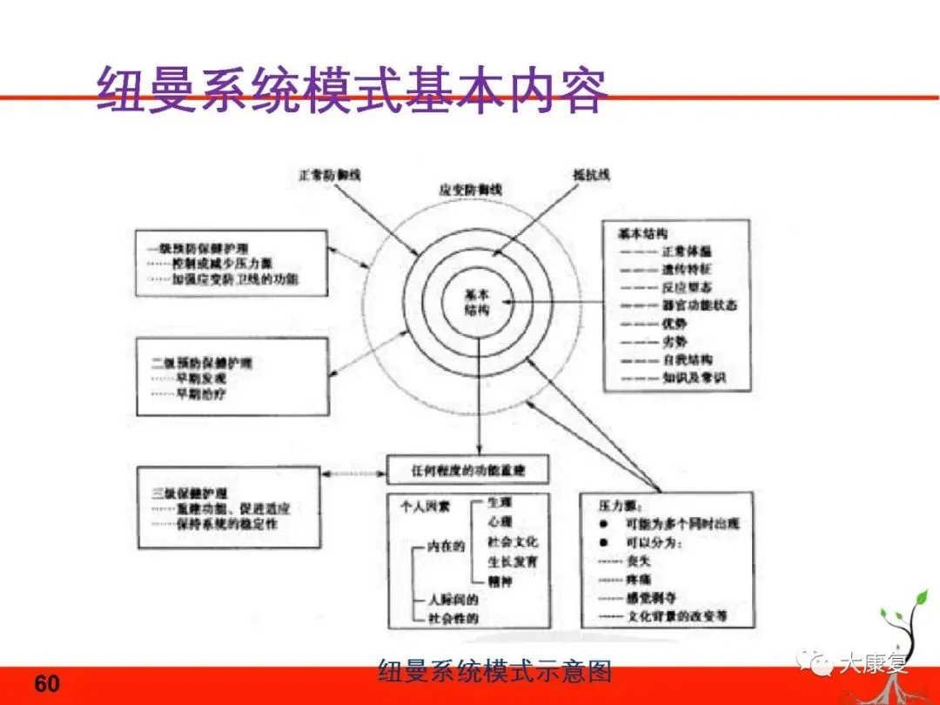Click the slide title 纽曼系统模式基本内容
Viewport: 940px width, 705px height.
click(348, 90)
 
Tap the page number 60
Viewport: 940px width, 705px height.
click(47, 684)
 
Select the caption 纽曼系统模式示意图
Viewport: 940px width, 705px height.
click(495, 671)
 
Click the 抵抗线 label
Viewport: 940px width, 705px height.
click(592, 175)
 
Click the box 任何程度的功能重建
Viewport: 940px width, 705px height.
click(467, 471)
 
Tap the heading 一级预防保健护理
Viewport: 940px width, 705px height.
click(194, 246)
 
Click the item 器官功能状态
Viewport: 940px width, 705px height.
click(703, 305)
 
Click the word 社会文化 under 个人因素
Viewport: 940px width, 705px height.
click(513, 541)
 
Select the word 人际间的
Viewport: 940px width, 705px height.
click(452, 600)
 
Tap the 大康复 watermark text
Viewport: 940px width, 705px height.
click(873, 666)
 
